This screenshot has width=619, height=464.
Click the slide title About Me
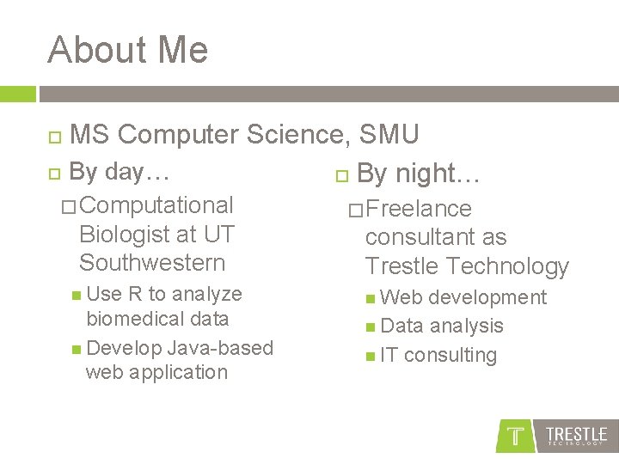128,50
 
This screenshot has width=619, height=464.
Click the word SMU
389,135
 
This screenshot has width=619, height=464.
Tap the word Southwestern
152,263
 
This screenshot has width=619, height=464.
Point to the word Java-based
219,348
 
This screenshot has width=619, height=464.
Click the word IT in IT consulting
389,355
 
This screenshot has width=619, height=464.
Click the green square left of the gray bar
18,94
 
